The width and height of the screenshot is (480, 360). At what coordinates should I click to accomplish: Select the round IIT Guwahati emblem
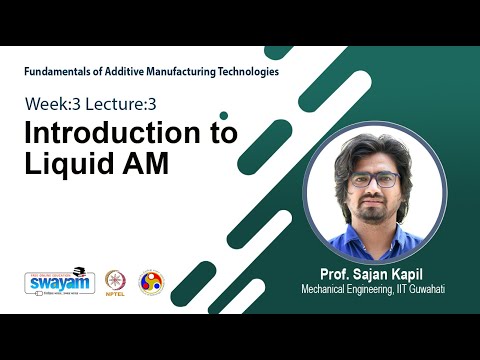point(151,282)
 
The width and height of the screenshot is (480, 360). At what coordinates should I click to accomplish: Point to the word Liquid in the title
point(65,164)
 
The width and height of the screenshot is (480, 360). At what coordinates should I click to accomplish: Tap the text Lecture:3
point(121,103)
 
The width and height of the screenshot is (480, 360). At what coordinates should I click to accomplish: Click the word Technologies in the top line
point(251,72)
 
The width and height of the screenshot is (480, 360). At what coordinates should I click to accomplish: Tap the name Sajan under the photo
point(361,273)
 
